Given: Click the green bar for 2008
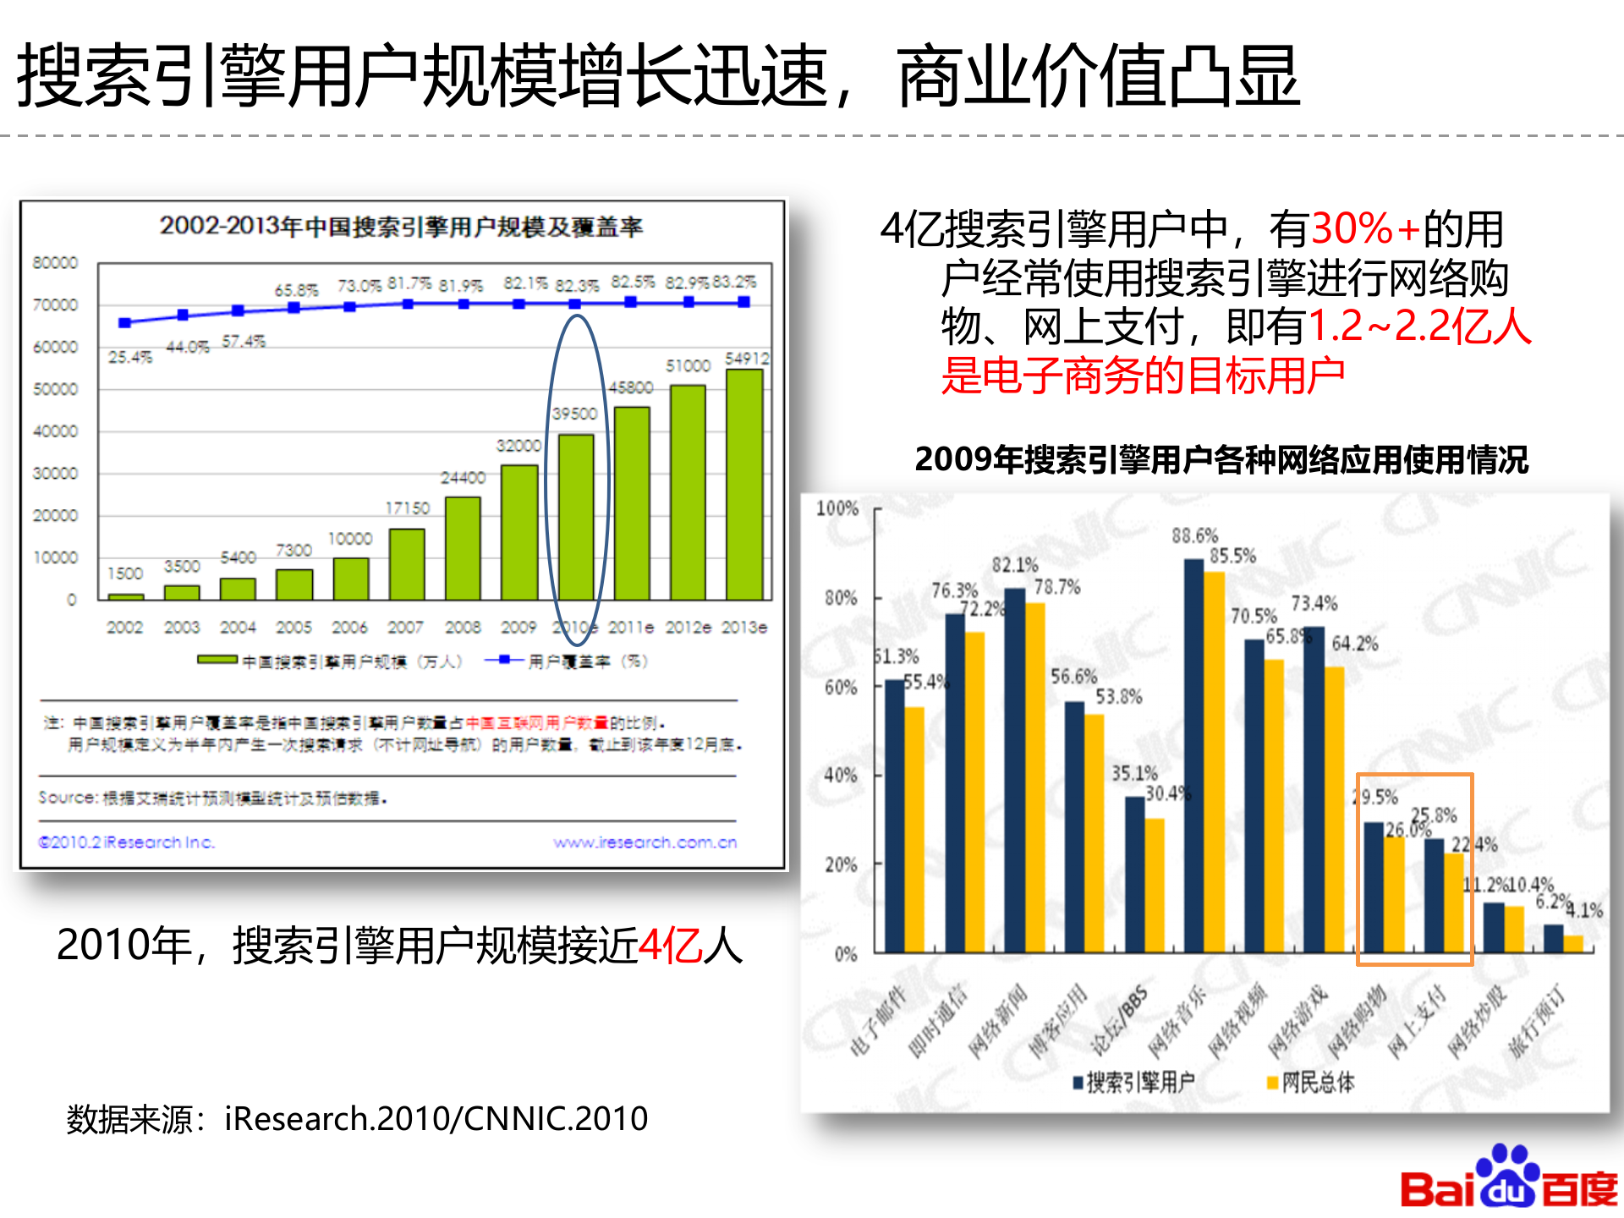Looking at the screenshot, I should (x=463, y=548).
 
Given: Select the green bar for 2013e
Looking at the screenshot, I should (x=744, y=485).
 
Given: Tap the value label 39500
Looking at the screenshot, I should (x=574, y=414).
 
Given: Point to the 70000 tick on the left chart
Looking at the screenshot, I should (x=55, y=304).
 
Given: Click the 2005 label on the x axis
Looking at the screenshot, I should (x=294, y=628).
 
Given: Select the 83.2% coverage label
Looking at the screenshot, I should (x=734, y=282).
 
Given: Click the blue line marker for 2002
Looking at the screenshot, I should (x=125, y=322).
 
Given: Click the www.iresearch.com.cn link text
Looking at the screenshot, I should (x=645, y=842).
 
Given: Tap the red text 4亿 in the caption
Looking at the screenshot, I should (x=670, y=945).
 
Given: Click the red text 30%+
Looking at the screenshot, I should (x=1365, y=228).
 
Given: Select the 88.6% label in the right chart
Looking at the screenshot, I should (x=1194, y=535).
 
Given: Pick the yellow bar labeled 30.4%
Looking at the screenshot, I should (x=1155, y=885).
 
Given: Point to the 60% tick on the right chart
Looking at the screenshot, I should (x=841, y=688).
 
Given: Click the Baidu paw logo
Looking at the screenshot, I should (x=1510, y=1176).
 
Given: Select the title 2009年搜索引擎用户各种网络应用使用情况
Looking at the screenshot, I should (x=1221, y=459).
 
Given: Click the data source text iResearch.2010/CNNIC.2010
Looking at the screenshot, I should (x=436, y=1119).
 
